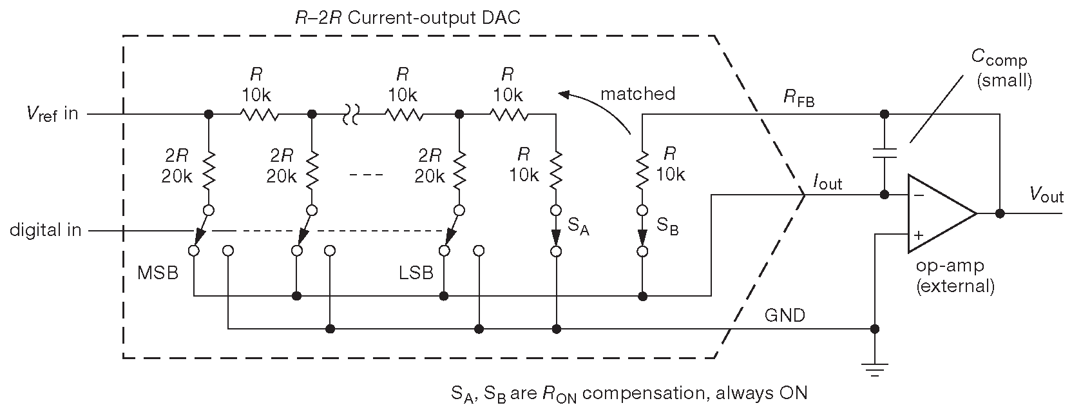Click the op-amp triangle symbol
tap(937, 213)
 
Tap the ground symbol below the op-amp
tap(874, 369)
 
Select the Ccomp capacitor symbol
tap(885, 154)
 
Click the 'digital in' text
tap(45, 230)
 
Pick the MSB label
tap(157, 273)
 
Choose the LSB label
tap(416, 273)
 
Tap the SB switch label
tap(667, 226)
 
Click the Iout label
tap(827, 184)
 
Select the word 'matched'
tap(638, 94)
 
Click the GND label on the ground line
tap(784, 315)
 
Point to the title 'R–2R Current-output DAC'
tap(407, 17)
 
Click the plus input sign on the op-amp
tap(918, 235)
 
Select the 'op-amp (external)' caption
tap(955, 276)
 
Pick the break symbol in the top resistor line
tap(351, 115)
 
